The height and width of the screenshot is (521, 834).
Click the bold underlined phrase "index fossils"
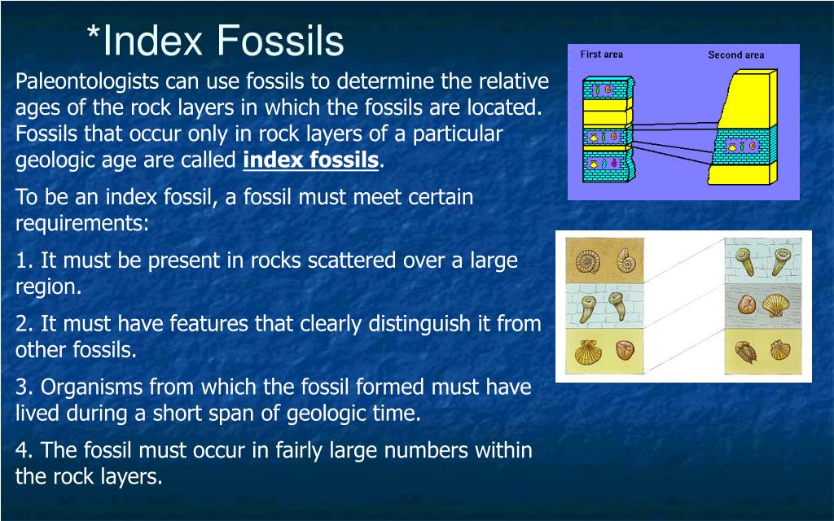click(x=311, y=160)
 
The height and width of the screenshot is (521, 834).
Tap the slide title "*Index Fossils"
click(x=216, y=41)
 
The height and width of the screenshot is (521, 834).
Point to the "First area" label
click(x=601, y=55)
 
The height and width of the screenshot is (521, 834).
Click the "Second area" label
click(x=735, y=55)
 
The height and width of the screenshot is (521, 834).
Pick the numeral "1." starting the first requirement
click(x=25, y=260)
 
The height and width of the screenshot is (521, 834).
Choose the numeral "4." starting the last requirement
click(x=25, y=450)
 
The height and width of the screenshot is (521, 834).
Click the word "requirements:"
click(x=82, y=224)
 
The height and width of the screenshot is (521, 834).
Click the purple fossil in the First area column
click(x=613, y=164)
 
